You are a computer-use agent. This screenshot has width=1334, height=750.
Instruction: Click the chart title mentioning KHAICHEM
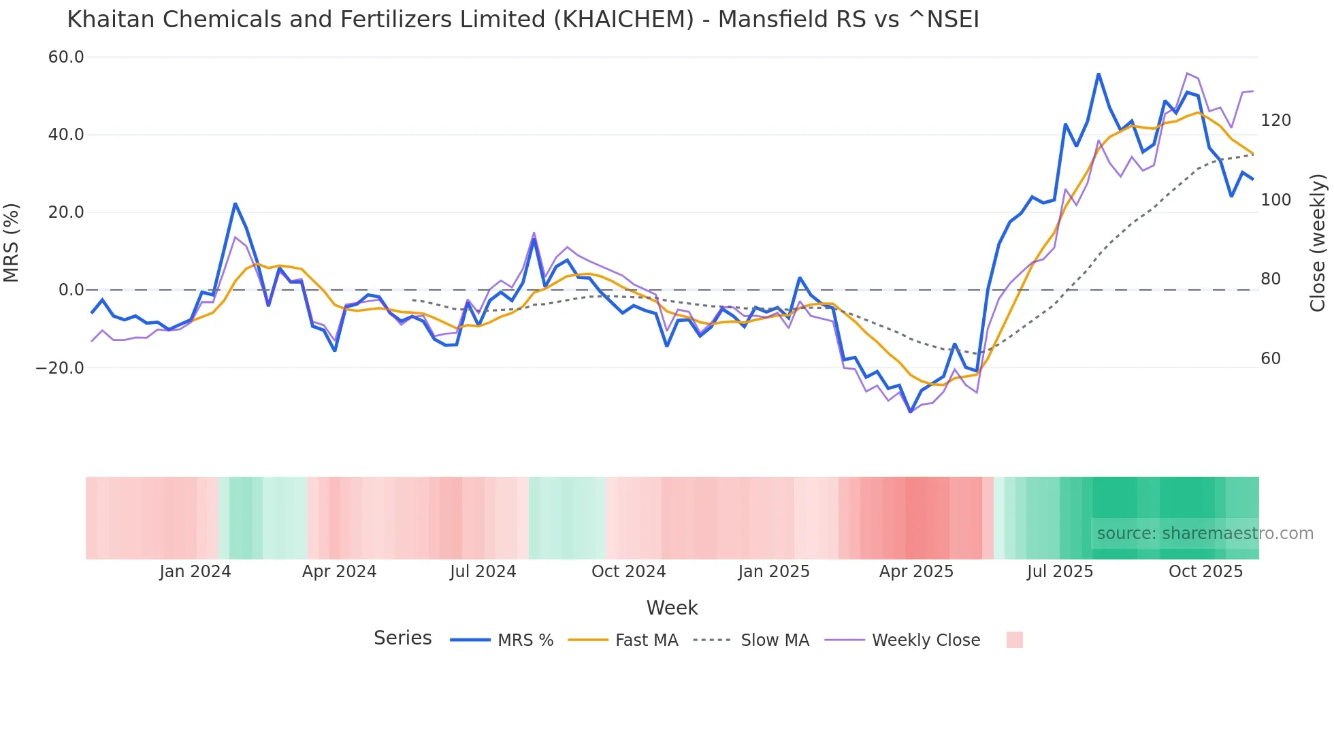pos(523,20)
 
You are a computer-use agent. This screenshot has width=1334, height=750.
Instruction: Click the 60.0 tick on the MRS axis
pos(66,57)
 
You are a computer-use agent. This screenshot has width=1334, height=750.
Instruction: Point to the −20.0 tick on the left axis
pos(60,368)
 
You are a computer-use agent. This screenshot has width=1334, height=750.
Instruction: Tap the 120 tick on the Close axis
pos(1275,120)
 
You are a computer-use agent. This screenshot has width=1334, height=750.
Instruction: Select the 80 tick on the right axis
pos(1270,279)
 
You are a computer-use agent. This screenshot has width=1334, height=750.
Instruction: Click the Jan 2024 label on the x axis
pos(195,572)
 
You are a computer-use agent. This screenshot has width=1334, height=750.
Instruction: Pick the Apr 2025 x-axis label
pos(916,572)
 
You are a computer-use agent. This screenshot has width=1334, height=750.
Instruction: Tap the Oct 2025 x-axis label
pos(1205,572)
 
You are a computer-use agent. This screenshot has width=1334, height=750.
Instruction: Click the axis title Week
pos(672,608)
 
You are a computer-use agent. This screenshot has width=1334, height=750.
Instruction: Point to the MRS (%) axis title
pos(12,242)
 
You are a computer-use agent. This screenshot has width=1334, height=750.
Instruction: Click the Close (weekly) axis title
pos(1318,242)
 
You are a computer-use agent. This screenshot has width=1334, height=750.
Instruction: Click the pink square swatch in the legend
pos(1014,640)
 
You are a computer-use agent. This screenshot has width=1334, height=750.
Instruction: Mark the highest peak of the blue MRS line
pos(1099,74)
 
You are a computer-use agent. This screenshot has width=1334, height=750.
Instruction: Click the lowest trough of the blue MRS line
pos(911,412)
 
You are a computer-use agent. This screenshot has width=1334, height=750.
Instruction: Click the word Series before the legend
pos(402,638)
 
